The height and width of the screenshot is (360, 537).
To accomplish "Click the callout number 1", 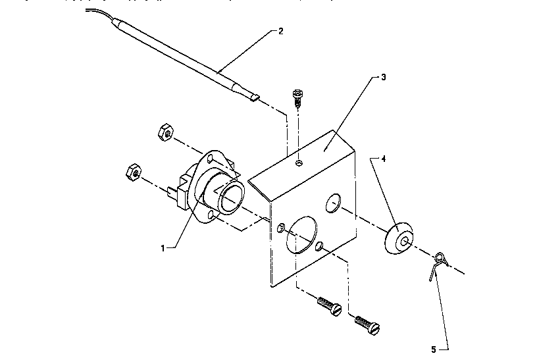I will [x=161, y=247].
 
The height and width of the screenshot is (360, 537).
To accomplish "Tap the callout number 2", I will [x=281, y=31].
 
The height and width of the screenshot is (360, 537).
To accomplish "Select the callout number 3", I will [x=383, y=77].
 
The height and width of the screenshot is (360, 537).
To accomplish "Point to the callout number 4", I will [x=384, y=158].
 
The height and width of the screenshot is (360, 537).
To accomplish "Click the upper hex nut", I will [x=166, y=134].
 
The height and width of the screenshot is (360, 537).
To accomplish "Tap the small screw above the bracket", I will [x=297, y=100].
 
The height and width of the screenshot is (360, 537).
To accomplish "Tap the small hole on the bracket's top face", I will [x=299, y=163].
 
